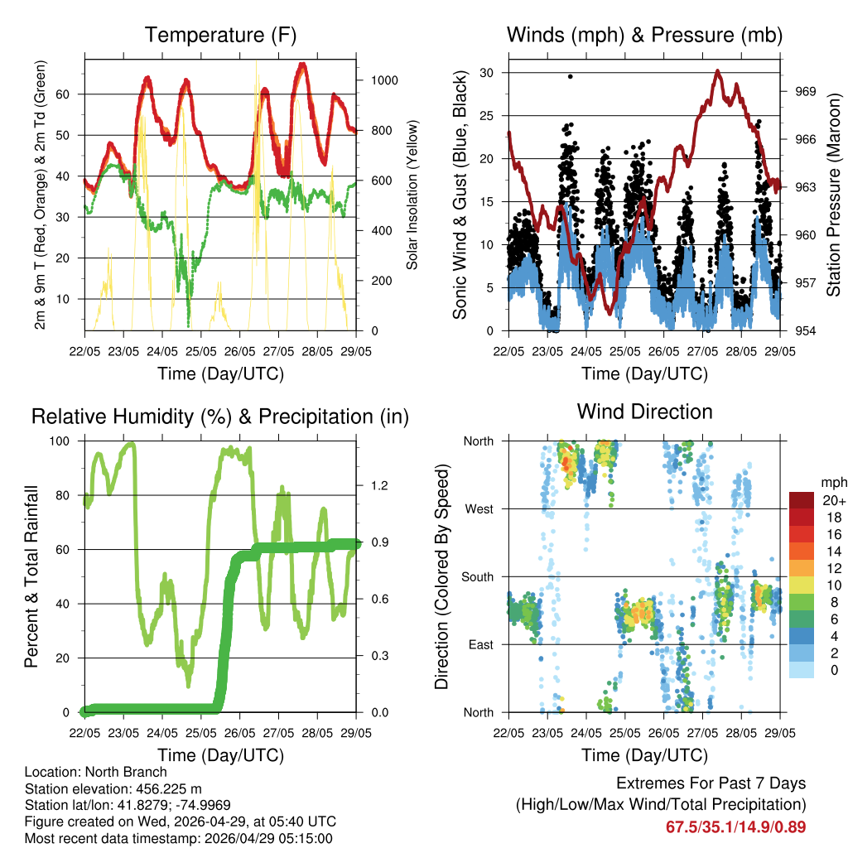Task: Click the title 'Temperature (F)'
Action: coord(220,35)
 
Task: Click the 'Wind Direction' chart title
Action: coord(644,411)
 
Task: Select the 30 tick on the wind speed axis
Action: coord(488,73)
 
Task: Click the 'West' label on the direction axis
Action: coord(478,508)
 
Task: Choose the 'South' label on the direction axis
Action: coord(476,576)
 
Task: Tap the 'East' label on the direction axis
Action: coord(479,644)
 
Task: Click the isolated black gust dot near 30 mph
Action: coord(570,76)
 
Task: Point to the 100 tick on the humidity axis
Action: coord(62,441)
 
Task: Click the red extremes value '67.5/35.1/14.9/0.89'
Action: coord(735,826)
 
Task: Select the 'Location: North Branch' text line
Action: coord(95,773)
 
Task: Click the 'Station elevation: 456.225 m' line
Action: coord(119,788)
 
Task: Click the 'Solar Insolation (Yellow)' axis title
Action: coord(412,195)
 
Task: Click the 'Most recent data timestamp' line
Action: coord(178,838)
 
